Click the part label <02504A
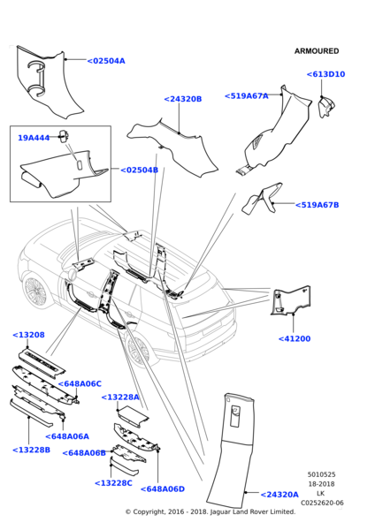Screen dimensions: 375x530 click(x=106, y=61)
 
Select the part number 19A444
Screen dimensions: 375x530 click(x=34, y=138)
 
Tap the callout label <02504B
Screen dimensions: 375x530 click(x=140, y=170)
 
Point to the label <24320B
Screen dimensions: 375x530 click(x=183, y=99)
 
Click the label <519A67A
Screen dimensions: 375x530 click(x=247, y=96)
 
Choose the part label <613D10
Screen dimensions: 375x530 click(x=326, y=74)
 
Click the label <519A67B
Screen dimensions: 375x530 click(x=318, y=205)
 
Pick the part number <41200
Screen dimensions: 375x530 click(x=295, y=338)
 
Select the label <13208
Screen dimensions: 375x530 click(x=28, y=335)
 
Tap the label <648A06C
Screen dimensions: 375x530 click(x=80, y=383)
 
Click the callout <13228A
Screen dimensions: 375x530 click(x=120, y=397)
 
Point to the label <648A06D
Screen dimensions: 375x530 click(x=163, y=488)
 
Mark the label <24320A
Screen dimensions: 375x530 click(x=279, y=495)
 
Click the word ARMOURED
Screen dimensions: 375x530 click(x=317, y=51)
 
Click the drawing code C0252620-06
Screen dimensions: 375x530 click(x=322, y=503)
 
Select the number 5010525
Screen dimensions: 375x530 click(x=322, y=474)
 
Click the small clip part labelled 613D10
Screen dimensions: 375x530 click(x=326, y=107)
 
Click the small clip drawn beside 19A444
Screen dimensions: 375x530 click(x=64, y=136)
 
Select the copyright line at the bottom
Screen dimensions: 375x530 click(x=210, y=511)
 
